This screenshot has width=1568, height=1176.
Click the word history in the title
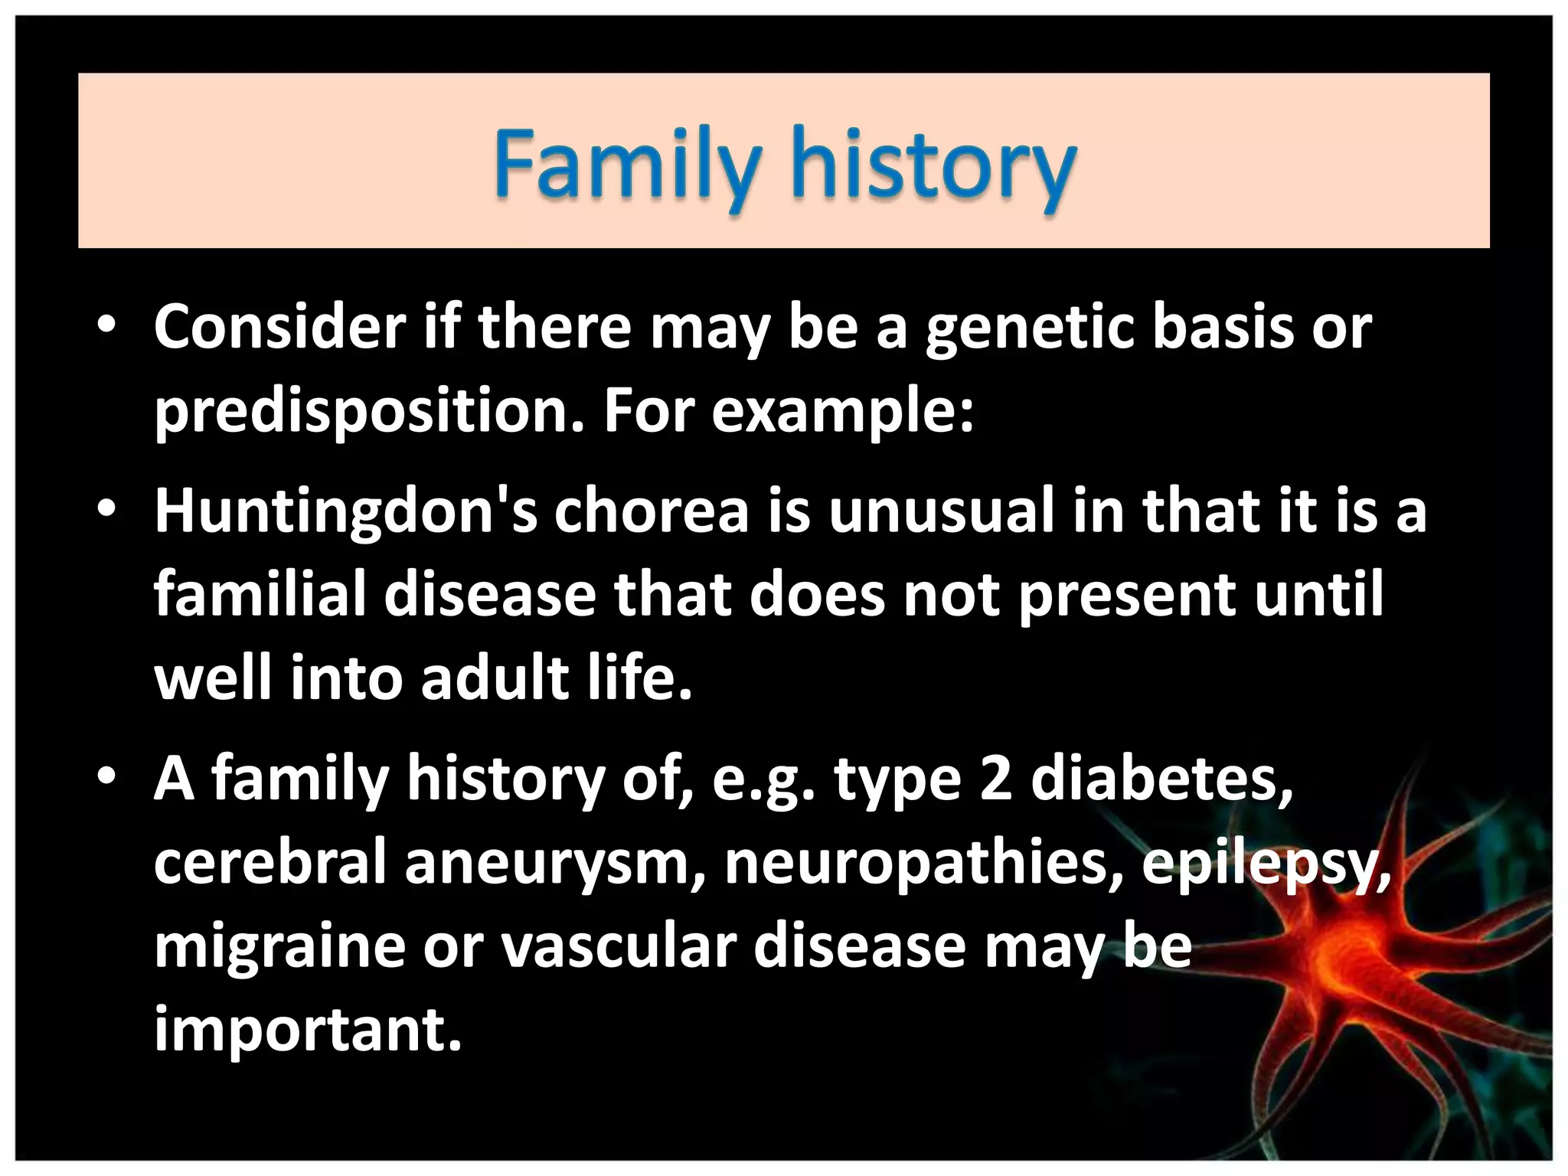coord(933,164)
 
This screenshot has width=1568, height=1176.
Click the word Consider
coord(279,328)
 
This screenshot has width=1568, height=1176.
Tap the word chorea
coord(651,511)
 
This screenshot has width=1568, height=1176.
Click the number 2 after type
coord(995,779)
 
